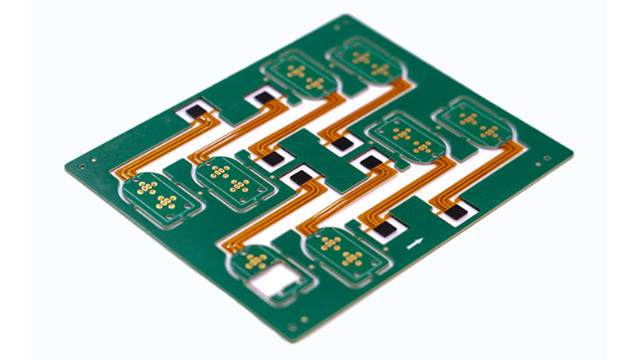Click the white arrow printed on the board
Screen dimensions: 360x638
click(416, 242)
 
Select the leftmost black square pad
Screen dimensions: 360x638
click(195, 110)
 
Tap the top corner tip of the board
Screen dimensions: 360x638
click(346, 16)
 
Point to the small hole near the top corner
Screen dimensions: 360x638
click(335, 27)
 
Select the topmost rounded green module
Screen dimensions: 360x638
click(362, 61)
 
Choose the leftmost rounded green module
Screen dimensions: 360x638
click(155, 196)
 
